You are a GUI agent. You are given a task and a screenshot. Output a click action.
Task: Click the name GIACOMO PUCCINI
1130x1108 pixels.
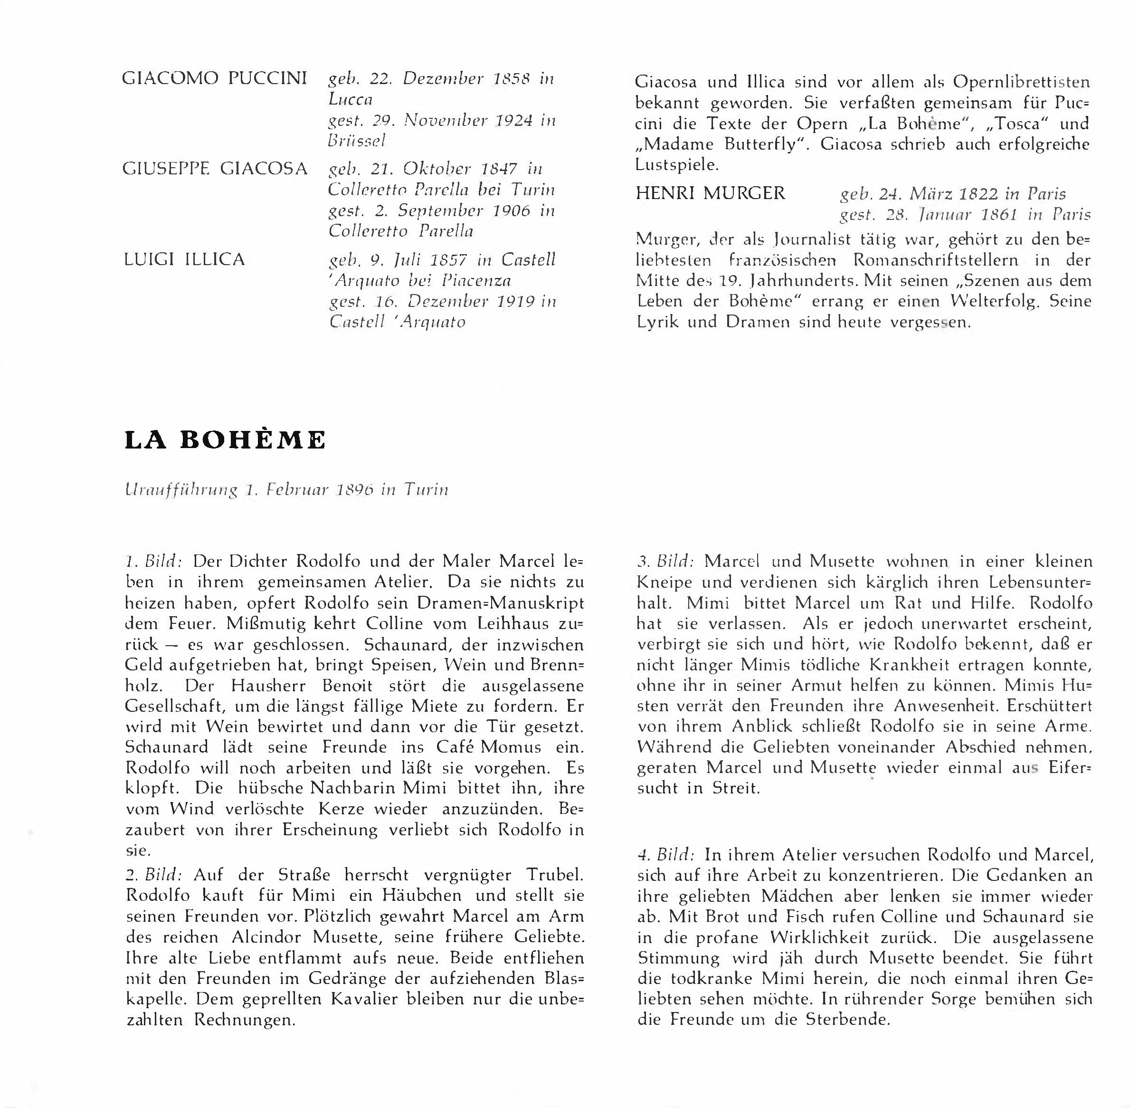click(x=214, y=78)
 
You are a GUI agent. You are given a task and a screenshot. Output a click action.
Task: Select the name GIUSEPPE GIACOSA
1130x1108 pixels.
click(x=215, y=169)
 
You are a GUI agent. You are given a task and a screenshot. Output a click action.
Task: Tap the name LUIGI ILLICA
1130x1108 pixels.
click(x=184, y=259)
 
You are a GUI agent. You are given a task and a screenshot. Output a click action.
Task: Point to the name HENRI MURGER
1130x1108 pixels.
click(x=711, y=193)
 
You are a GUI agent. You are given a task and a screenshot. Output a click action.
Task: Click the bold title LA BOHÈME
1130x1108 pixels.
click(x=225, y=440)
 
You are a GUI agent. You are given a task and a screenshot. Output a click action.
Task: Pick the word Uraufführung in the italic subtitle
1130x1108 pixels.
click(x=181, y=490)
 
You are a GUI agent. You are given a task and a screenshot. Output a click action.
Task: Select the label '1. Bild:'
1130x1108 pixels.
click(x=154, y=562)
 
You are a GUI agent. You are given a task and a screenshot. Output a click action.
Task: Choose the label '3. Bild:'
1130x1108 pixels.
click(x=665, y=562)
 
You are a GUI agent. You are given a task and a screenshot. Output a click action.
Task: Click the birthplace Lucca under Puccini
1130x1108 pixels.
click(x=350, y=99)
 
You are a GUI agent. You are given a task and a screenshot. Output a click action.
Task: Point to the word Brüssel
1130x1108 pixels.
click(x=357, y=141)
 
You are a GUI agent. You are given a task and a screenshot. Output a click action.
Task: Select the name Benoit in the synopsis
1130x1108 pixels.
click(x=347, y=686)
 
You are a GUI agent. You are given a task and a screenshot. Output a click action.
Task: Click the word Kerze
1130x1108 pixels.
click(x=341, y=809)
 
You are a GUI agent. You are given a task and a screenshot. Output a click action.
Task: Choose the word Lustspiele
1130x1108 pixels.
click(x=677, y=165)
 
